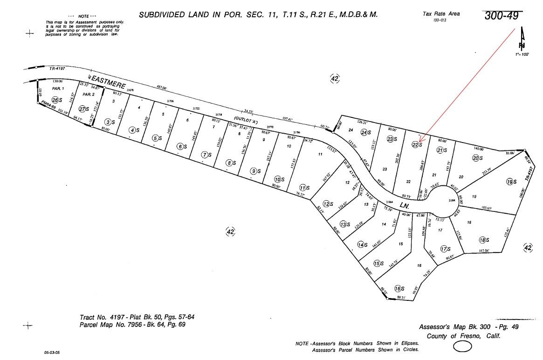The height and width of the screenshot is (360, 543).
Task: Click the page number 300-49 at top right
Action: tap(501, 16)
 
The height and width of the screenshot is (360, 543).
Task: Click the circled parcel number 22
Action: tap(415, 144)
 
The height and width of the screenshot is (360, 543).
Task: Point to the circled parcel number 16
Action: tap(398, 288)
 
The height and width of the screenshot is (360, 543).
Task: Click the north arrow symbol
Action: tap(522, 40)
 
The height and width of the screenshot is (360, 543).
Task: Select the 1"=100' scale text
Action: tap(522, 54)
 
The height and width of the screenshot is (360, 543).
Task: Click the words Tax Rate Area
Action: tap(441, 14)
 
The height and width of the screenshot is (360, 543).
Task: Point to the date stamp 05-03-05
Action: tap(52, 353)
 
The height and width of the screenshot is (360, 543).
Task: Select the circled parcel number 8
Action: tap(229, 163)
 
